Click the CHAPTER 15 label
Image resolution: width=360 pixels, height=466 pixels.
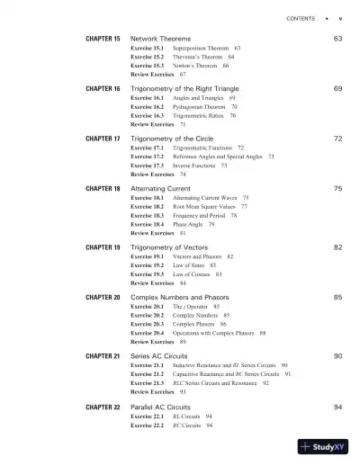[103, 40]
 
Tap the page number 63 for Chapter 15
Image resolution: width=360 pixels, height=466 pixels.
[337, 40]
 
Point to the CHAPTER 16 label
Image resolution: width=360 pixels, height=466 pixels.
[103, 90]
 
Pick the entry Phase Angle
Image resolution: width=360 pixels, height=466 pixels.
[187, 224]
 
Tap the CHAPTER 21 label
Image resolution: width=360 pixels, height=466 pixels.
[103, 356]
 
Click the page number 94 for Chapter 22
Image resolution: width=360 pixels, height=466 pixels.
[337, 408]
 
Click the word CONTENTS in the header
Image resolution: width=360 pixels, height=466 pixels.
[301, 17]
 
